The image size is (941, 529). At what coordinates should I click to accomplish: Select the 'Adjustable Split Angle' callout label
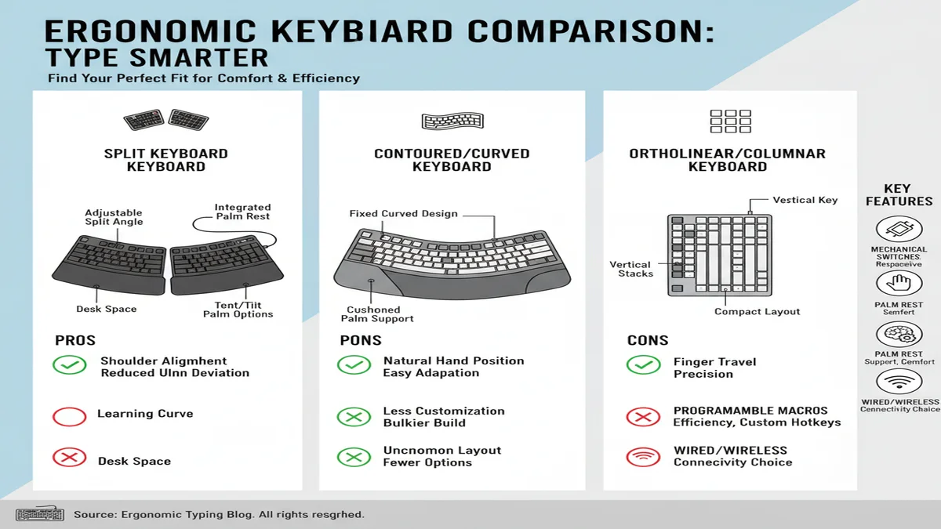tap(114, 217)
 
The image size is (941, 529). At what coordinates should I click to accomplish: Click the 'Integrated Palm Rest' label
tap(242, 212)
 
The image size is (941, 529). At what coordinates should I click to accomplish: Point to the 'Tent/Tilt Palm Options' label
tap(238, 310)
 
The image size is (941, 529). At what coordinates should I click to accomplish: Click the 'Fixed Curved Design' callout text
tap(403, 214)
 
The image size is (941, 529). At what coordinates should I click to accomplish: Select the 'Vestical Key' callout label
tap(805, 201)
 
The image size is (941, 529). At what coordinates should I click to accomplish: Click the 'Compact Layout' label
tap(757, 312)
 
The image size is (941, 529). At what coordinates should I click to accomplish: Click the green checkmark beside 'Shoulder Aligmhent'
tap(69, 366)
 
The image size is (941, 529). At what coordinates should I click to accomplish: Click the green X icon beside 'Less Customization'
tap(354, 416)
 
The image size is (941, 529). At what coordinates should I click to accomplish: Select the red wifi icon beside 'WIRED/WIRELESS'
tap(643, 456)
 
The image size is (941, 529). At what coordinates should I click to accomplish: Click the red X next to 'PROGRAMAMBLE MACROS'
tap(643, 416)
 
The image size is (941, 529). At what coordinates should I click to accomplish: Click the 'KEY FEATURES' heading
tap(898, 195)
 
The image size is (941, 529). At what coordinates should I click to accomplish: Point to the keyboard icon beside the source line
tap(39, 515)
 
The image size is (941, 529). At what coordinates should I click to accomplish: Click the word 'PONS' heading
tap(360, 341)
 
